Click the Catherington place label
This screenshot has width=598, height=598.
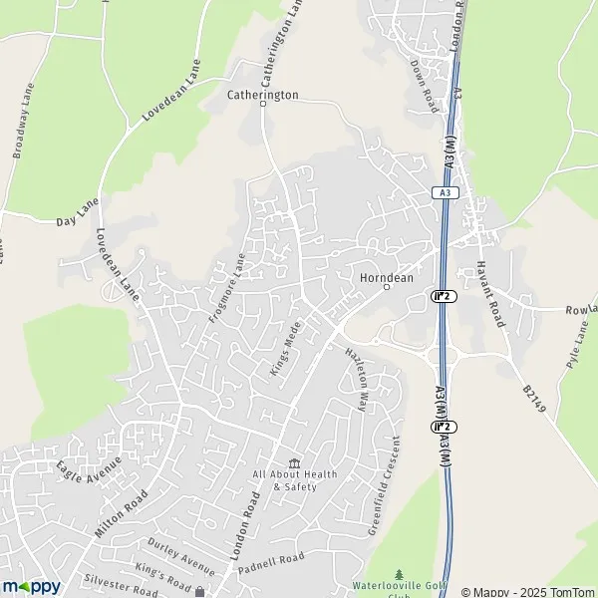pos(262,96)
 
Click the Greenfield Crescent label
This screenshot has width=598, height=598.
pos(385,486)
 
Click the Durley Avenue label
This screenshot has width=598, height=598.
pos(181,556)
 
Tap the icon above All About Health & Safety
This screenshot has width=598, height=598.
pos(294,463)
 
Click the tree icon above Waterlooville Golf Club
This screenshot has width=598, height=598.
pos(399,575)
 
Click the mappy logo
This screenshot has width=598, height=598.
pos(31,586)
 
